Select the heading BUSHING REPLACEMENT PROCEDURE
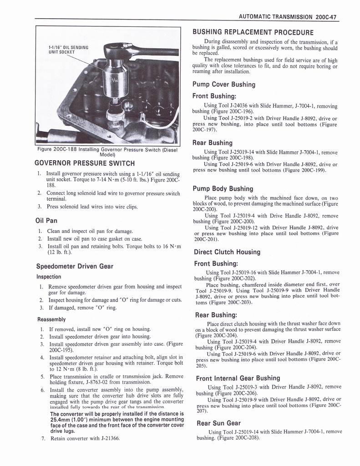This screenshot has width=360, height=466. click(253, 32)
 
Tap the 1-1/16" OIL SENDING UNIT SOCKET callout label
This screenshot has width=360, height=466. click(68, 49)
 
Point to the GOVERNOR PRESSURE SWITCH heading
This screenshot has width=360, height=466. click(85, 163)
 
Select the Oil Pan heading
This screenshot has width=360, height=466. click(46, 221)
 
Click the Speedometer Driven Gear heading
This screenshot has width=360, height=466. click(74, 266)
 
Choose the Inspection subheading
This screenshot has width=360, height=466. click(49, 277)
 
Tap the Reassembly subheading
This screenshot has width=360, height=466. click(51, 319)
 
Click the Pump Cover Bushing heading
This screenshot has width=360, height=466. click(223, 84)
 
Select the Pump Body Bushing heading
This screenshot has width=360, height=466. click(223, 188)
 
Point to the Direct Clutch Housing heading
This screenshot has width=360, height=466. click(227, 252)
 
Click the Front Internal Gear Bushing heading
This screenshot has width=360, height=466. click(238, 378)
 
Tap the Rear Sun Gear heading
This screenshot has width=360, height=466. click(218, 423)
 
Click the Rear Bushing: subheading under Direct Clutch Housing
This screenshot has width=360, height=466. click(216, 314)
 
